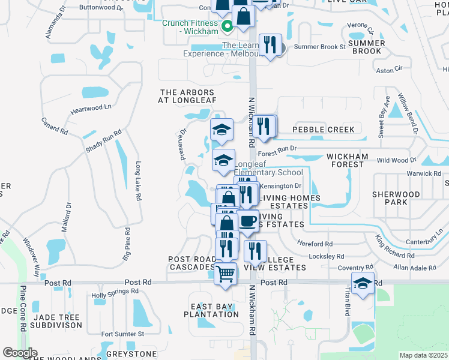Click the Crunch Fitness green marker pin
point(228,26)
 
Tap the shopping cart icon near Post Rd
point(225,274)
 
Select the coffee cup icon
point(248,221)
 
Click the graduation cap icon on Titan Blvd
point(363,283)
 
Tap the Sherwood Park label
point(396,198)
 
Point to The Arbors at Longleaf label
point(186,96)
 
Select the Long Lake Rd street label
point(138,181)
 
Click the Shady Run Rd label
point(103,140)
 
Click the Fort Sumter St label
point(122,334)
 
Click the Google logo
point(20,353)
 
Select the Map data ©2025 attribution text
point(423,355)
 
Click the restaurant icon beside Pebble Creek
point(263,127)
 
